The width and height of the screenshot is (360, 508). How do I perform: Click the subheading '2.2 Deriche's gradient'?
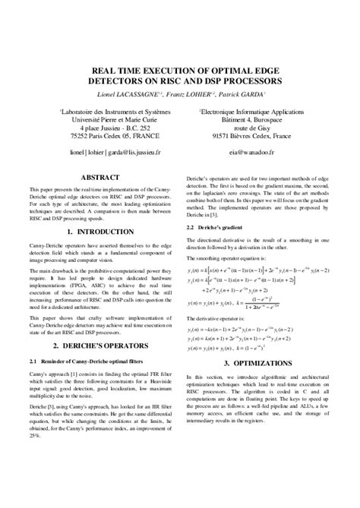point(221,227)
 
